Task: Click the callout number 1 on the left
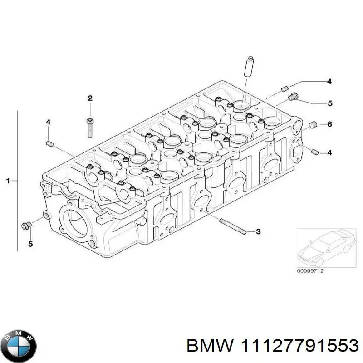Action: pyautogui.click(x=8, y=181)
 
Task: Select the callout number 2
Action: pyautogui.click(x=90, y=98)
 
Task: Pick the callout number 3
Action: pyautogui.click(x=258, y=232)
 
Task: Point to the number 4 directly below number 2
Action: pyautogui.click(x=48, y=122)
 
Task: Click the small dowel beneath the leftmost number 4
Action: pyautogui.click(x=49, y=144)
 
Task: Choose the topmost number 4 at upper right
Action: pyautogui.click(x=329, y=82)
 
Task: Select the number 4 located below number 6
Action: pyautogui.click(x=329, y=152)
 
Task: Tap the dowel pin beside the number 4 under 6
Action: pyautogui.click(x=313, y=151)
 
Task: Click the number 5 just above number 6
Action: pyautogui.click(x=330, y=103)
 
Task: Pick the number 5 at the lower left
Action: pyautogui.click(x=31, y=245)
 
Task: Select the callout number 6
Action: pyautogui.click(x=329, y=124)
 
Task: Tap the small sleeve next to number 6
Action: pyautogui.click(x=312, y=125)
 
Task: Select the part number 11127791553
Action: pyautogui.click(x=272, y=346)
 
